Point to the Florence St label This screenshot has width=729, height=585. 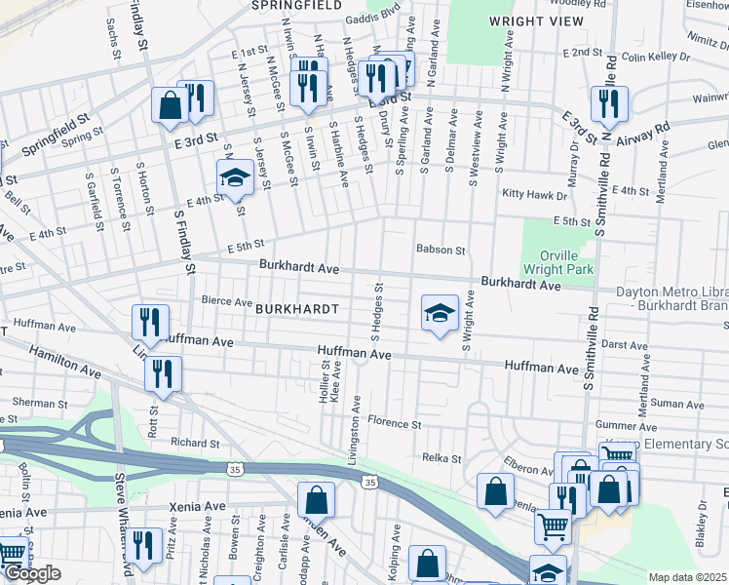[393, 424]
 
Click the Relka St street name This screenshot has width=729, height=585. [441, 457]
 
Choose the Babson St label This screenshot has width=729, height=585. [441, 250]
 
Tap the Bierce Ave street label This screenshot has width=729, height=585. [226, 301]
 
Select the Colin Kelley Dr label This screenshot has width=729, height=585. [657, 57]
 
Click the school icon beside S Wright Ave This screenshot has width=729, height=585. [440, 314]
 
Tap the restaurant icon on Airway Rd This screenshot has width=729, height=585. [609, 102]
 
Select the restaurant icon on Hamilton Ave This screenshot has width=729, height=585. [163, 373]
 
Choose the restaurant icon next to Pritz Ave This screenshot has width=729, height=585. [144, 546]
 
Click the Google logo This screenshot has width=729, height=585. [32, 574]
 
